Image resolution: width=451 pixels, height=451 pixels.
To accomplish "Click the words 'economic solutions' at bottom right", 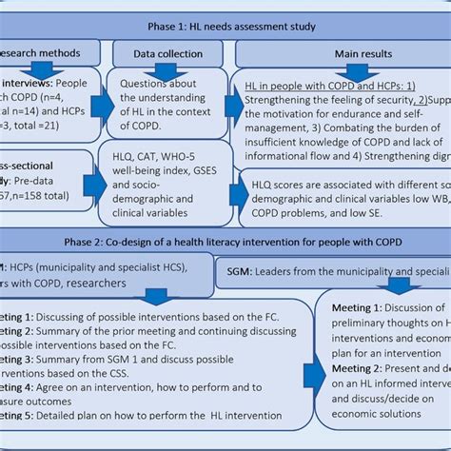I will (x=379, y=425).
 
